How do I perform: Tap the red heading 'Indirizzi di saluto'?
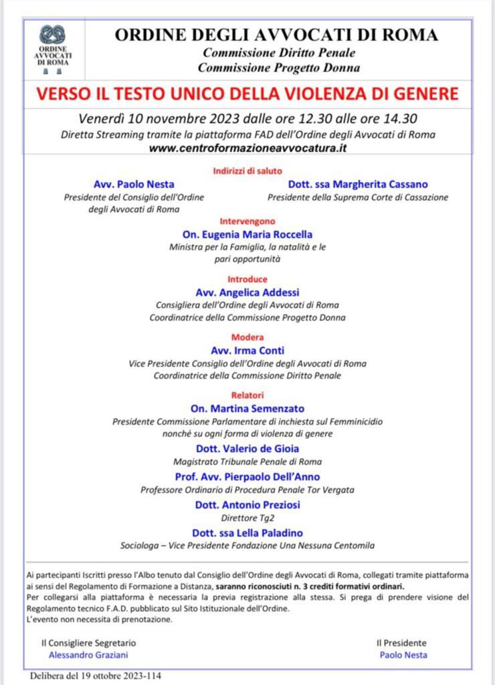point(248,171)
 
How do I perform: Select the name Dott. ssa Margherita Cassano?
point(358,184)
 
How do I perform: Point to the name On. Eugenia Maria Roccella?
point(248,234)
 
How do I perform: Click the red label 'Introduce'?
point(248,279)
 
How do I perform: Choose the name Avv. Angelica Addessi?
point(248,292)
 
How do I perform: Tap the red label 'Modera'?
point(248,337)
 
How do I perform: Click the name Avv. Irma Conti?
point(248,350)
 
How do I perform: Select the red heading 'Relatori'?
point(248,395)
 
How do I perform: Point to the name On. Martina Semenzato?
point(248,409)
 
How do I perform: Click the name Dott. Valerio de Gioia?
point(248,448)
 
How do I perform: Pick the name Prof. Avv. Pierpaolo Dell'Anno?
point(248,476)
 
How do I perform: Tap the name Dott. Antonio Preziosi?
point(248,504)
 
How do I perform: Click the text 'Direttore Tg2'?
point(248,518)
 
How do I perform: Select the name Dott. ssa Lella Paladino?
point(248,532)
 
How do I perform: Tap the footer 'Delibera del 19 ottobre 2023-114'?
point(95,676)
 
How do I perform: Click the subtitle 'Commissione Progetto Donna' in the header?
point(279,67)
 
